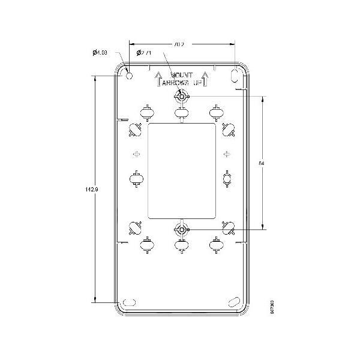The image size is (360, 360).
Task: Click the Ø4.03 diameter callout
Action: coord(100,53)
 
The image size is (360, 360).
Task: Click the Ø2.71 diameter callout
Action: coord(144,53)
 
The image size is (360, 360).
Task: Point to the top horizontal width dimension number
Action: coord(178,44)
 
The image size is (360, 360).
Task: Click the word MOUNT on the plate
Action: coord(181,76)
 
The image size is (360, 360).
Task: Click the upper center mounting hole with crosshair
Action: coord(181,96)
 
